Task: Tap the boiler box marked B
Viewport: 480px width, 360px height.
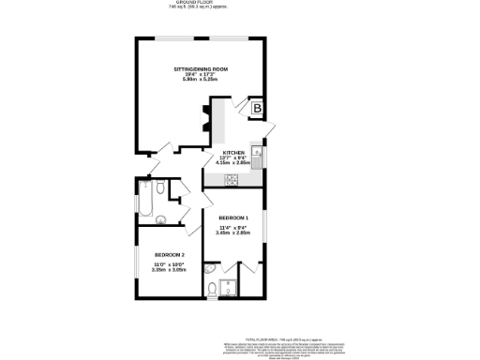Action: [256, 109]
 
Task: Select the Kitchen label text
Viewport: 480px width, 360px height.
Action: [232, 152]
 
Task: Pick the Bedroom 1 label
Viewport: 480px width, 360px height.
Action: [233, 217]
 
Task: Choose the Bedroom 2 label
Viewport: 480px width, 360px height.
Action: [170, 255]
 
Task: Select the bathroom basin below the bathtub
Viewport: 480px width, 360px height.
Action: [160, 221]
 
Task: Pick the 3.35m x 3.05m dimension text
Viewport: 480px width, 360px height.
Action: [170, 270]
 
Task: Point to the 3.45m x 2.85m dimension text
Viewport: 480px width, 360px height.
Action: [233, 232]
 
